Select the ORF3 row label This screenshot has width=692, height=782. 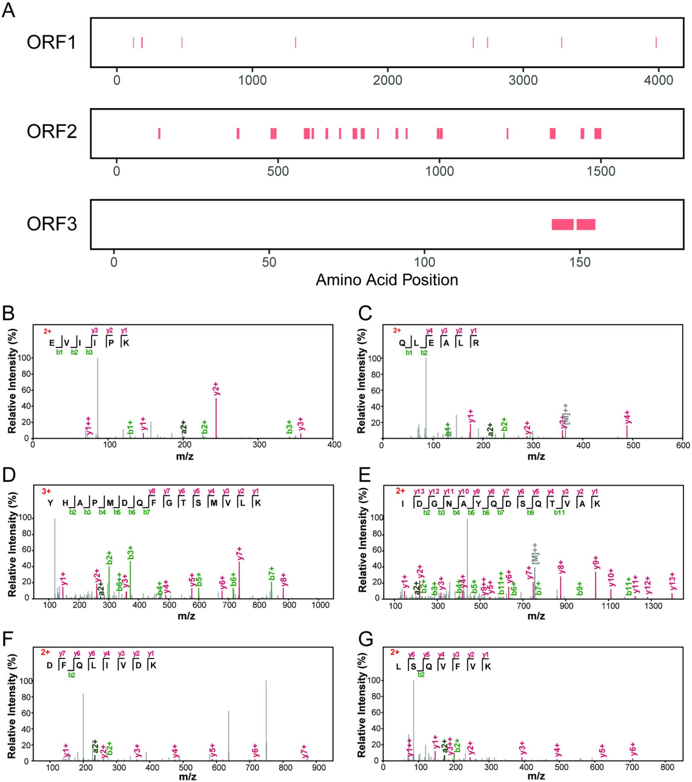[x=52, y=224]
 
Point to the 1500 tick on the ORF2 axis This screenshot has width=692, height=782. [x=601, y=171]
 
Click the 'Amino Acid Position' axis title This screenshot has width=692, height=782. [x=387, y=280]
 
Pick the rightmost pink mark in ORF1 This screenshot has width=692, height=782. [x=656, y=43]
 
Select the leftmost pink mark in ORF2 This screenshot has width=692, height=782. [x=159, y=134]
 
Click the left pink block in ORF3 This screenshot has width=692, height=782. [x=562, y=224]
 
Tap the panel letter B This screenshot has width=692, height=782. [x=8, y=313]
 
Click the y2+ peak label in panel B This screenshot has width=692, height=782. [x=216, y=388]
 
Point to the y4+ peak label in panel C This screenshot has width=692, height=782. [x=627, y=417]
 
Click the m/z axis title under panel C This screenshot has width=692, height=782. [x=536, y=456]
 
